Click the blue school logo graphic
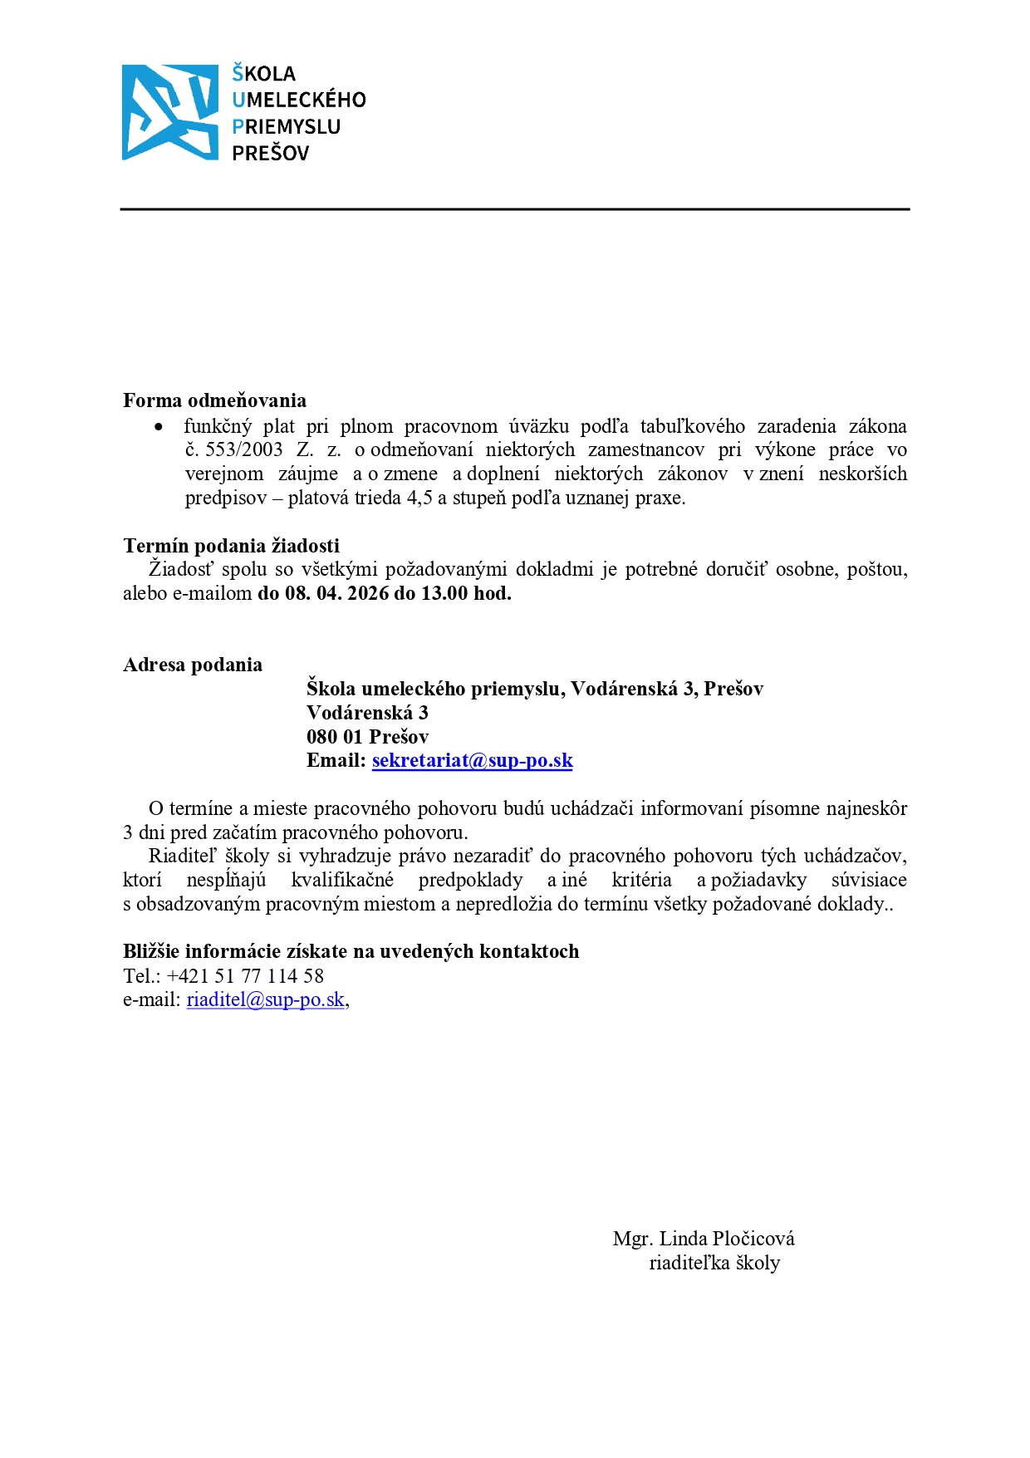point(169,112)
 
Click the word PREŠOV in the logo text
point(270,153)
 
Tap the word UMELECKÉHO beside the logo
point(299,100)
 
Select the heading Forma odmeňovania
point(214,400)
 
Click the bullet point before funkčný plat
point(159,427)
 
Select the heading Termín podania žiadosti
point(231,546)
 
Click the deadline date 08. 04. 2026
point(337,593)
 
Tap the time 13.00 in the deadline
point(444,593)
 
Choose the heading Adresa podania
point(193,665)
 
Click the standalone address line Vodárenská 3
point(367,713)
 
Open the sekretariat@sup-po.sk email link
point(472,761)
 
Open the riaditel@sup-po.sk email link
point(265,999)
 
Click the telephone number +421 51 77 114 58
point(245,976)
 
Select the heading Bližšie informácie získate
point(351,951)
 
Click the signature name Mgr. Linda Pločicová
point(704,1239)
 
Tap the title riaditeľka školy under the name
point(714,1263)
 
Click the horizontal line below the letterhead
point(515,209)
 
